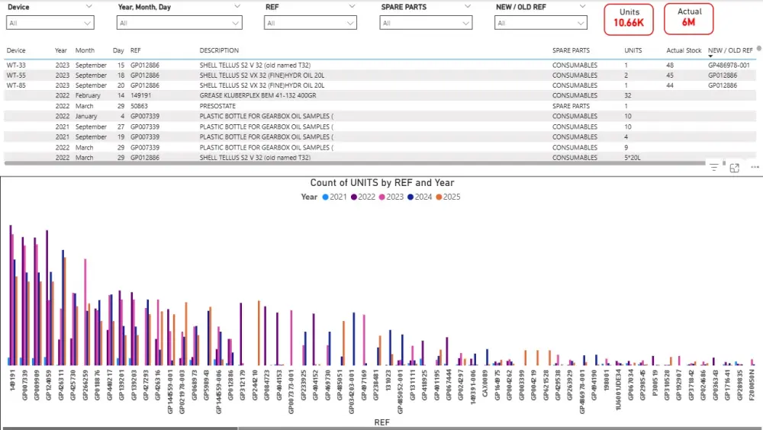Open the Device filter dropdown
click(50, 23)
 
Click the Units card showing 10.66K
click(629, 18)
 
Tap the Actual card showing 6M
click(689, 18)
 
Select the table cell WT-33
click(16, 66)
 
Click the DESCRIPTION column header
click(219, 50)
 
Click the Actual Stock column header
click(684, 50)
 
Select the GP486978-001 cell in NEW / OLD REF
click(729, 66)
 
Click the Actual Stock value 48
click(670, 66)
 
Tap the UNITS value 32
click(628, 96)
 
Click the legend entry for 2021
click(334, 197)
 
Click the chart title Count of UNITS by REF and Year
click(382, 183)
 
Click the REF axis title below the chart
click(381, 422)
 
